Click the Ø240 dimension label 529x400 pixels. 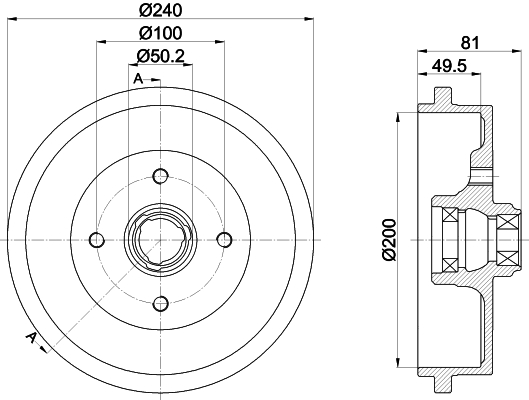click(160, 12)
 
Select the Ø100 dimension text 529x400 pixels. click(160, 35)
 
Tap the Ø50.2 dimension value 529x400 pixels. click(160, 57)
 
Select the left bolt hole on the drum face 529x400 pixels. click(96, 239)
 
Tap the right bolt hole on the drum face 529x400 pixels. click(224, 239)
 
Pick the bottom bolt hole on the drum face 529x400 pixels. click(160, 303)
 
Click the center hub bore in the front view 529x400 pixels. click(160, 239)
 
